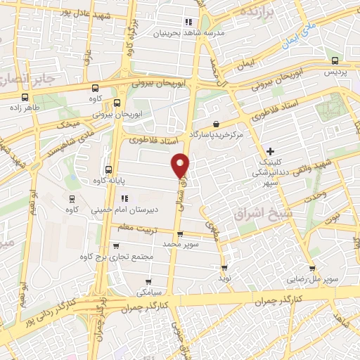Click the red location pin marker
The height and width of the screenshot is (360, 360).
coord(181,165)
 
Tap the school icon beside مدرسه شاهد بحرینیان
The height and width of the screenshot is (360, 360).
coord(188,21)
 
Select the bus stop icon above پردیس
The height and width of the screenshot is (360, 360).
coord(330,61)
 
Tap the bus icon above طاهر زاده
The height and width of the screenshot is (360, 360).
coord(25,98)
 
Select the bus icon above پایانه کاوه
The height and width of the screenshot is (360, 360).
coord(108,169)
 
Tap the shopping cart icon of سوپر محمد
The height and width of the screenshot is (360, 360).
coord(180,234)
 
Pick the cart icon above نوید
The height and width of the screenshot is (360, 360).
coord(224,267)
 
